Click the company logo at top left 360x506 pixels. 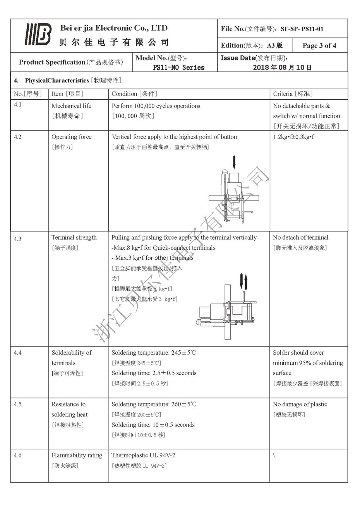pyautogui.click(x=38, y=34)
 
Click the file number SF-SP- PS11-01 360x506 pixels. pyautogui.click(x=302, y=29)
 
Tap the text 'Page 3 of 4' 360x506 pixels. pyautogui.click(x=319, y=46)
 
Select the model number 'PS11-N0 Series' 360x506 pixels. pyautogui.click(x=178, y=67)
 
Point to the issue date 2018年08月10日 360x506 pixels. pyautogui.click(x=282, y=67)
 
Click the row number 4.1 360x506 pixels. pyautogui.click(x=18, y=105)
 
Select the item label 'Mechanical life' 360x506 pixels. pyautogui.click(x=72, y=106)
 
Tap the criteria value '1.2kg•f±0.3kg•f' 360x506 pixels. pyautogui.click(x=293, y=137)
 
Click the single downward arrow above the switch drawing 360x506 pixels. pyautogui.click(x=234, y=162)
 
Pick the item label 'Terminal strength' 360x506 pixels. pyautogui.click(x=74, y=238)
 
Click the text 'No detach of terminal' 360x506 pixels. pyautogui.click(x=300, y=238)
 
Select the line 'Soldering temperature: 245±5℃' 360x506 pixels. pyautogui.click(x=154, y=353)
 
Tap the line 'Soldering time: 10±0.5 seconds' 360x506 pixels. pyautogui.click(x=153, y=425)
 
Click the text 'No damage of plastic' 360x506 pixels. pyautogui.click(x=300, y=404)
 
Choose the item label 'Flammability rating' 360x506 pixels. pyautogui.click(x=77, y=455)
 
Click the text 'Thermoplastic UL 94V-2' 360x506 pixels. pyautogui.click(x=143, y=455)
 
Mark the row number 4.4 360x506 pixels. pyautogui.click(x=18, y=353)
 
